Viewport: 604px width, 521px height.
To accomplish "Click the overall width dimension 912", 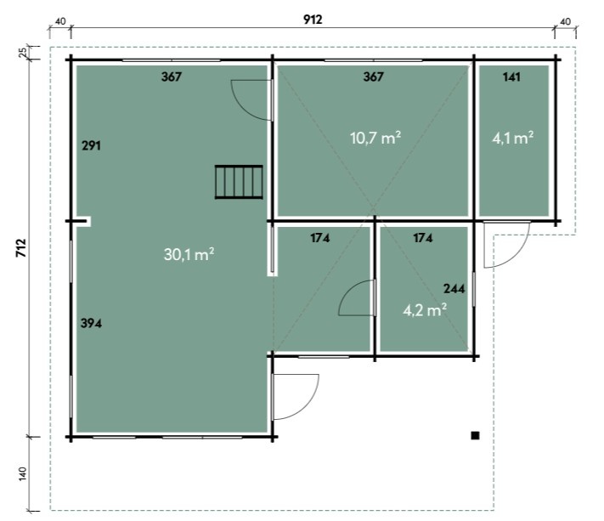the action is point(313,20).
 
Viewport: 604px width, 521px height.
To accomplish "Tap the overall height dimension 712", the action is point(21,248).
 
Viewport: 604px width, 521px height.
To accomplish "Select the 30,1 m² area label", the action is point(189,254).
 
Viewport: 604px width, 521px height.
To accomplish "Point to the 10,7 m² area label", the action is point(375,138).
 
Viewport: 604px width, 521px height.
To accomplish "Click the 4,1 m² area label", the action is point(513,138).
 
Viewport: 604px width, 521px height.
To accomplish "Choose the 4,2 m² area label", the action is point(425,310).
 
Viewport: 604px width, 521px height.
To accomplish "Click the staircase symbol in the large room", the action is point(239,182).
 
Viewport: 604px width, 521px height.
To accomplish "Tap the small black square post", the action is point(476,435).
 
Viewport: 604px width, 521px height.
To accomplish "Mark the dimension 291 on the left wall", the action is point(91,145).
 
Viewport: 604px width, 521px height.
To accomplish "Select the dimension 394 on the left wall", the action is point(91,323).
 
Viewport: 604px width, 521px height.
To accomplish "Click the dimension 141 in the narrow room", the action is point(511,77).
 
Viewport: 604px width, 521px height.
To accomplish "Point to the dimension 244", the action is point(454,289).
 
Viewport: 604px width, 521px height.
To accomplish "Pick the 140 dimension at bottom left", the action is point(23,473).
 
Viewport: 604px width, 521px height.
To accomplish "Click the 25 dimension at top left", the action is point(23,52).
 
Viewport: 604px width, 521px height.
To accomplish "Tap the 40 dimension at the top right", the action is point(565,21).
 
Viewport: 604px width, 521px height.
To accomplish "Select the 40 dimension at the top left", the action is point(60,21).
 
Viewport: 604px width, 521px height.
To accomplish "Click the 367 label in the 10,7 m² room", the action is point(373,77).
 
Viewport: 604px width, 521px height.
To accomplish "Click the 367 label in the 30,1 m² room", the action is point(172,77).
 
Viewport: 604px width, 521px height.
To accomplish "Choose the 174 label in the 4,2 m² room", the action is point(423,238).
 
